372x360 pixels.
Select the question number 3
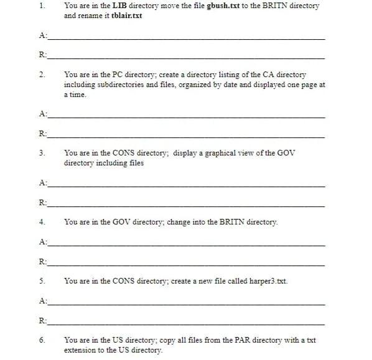(41, 152)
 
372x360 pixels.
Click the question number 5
(41, 281)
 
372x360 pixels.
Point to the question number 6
(41, 340)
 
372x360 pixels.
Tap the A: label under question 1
(42, 35)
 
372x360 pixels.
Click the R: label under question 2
(42, 134)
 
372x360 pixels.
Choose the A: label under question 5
(42, 301)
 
